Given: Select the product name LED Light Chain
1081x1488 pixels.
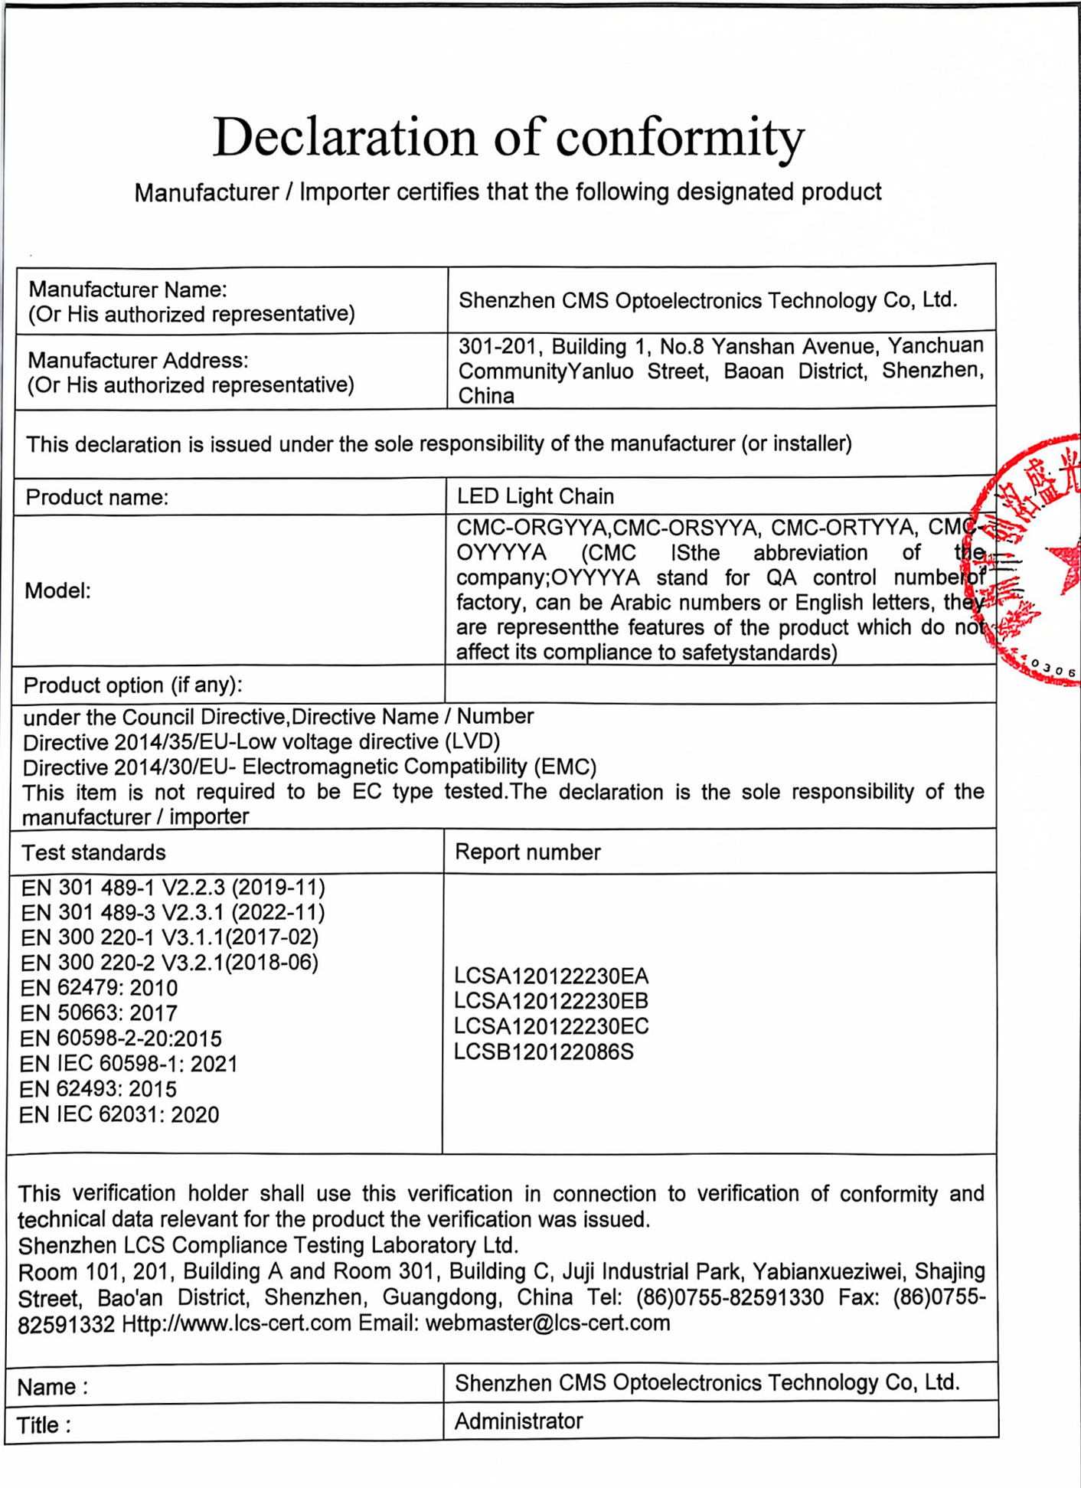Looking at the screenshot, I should click(535, 496).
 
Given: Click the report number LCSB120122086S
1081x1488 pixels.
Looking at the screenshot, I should click(544, 1051).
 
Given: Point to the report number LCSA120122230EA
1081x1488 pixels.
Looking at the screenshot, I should click(551, 976).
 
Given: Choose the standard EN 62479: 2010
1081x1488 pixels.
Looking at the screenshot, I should click(100, 988).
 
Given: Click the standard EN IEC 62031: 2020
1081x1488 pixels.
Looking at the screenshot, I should click(119, 1114).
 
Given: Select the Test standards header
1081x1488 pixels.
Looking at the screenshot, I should click(93, 852).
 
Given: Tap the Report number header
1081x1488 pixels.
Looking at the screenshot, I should click(527, 852).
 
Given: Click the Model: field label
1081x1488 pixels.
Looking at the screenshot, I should click(57, 590).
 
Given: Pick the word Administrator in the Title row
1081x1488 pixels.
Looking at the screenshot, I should click(518, 1421).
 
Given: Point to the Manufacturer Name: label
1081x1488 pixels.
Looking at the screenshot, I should click(128, 289).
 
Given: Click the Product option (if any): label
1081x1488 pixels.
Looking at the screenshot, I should click(132, 685).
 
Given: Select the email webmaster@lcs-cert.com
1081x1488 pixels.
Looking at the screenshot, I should click(547, 1323).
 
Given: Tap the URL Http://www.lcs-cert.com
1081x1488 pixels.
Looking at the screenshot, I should click(237, 1323).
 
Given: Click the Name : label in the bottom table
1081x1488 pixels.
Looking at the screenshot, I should click(52, 1387).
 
